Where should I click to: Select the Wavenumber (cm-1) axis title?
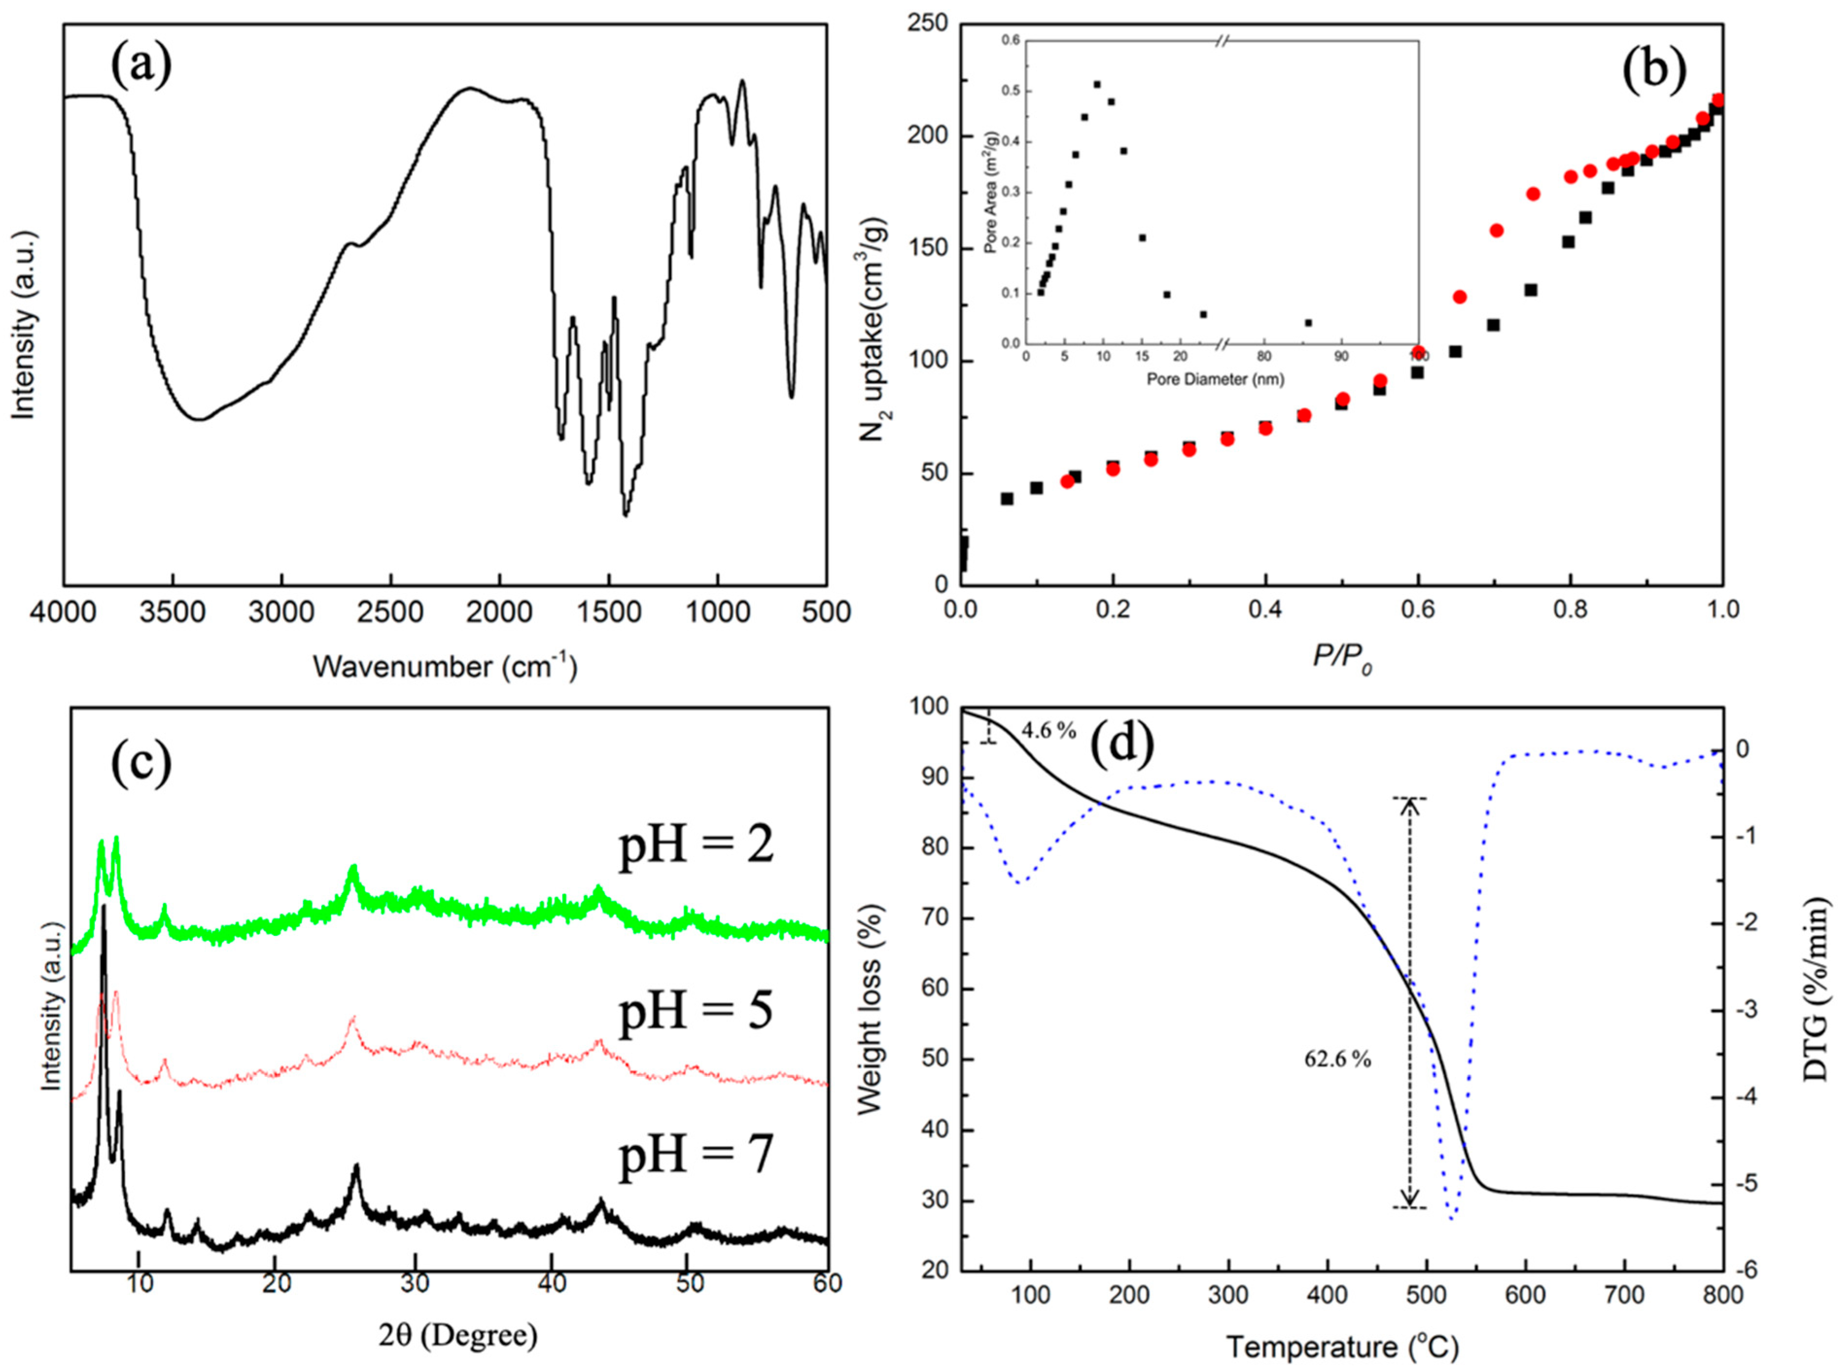[x=444, y=666]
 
